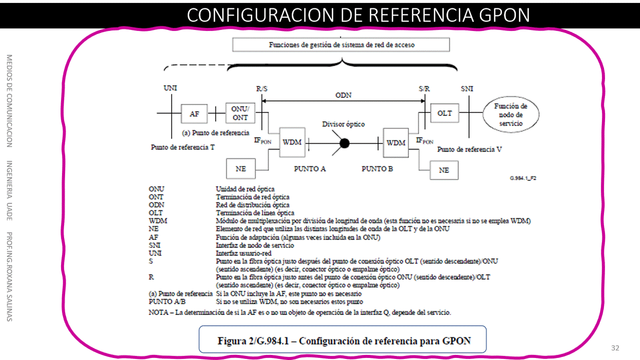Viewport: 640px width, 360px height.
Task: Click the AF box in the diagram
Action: pos(194,114)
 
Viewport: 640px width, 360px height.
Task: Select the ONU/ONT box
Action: pos(240,113)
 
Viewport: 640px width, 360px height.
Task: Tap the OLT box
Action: pos(444,113)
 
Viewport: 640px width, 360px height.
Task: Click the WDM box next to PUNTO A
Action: pos(292,142)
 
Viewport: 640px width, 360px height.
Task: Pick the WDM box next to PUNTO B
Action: pos(396,143)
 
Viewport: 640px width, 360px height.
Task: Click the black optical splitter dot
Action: pos(344,143)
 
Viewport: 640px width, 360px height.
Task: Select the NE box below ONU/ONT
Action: pos(241,169)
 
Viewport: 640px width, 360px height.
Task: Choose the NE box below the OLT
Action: pos(444,170)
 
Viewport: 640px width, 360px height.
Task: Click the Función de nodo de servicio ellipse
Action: pos(510,114)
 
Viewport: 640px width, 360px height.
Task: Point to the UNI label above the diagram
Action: pos(170,88)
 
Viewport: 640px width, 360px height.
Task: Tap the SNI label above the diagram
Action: pos(467,89)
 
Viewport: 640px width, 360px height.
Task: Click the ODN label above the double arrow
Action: pos(343,95)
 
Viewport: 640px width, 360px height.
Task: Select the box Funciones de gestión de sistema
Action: pos(341,45)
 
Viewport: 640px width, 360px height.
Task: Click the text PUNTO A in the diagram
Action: pos(310,169)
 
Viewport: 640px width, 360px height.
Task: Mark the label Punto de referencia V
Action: pos(469,149)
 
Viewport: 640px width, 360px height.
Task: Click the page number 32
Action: pos(615,348)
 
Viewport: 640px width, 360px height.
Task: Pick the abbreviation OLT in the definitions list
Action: pos(155,212)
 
